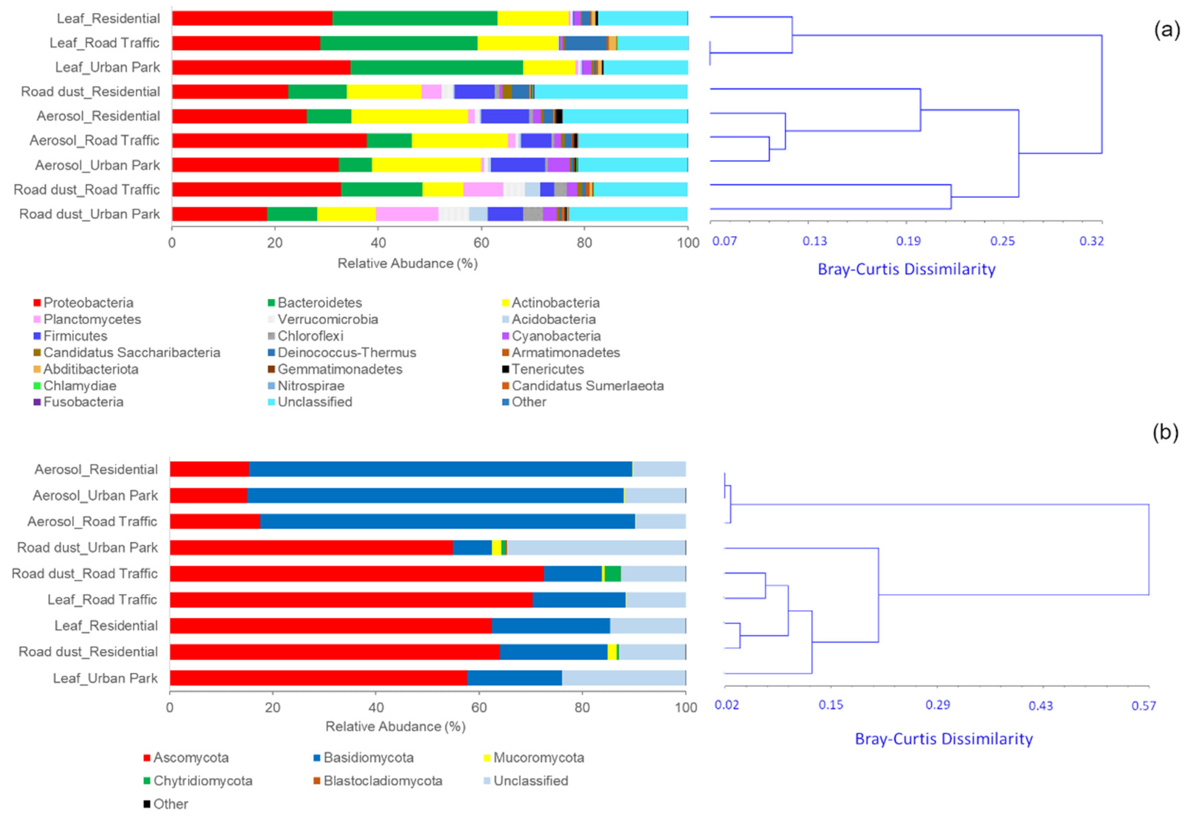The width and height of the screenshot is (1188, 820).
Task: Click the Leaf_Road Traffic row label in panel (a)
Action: [x=104, y=43]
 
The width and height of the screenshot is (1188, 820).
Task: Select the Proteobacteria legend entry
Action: [x=88, y=303]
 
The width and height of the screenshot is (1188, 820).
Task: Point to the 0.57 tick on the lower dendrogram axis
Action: [x=1143, y=706]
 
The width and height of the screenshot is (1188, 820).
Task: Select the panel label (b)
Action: [x=1165, y=432]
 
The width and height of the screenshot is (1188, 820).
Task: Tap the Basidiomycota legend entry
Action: [x=368, y=757]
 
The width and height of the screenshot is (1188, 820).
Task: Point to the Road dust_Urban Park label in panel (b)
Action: [x=87, y=547]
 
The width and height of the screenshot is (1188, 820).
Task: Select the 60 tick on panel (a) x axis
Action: [x=481, y=242]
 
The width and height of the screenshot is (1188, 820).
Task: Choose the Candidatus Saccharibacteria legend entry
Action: [x=131, y=352]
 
